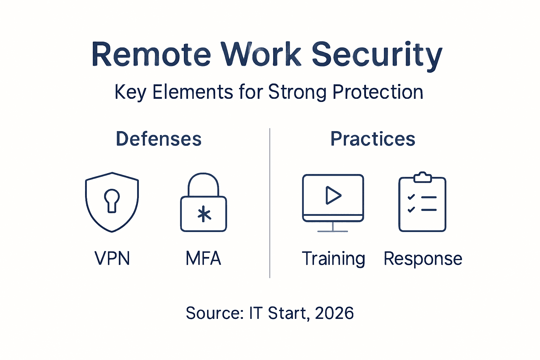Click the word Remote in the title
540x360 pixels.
point(151,54)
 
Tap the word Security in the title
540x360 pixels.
point(377,54)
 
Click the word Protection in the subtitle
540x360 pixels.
point(378,92)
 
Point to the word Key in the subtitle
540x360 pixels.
point(130,92)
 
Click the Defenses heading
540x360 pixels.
point(159,139)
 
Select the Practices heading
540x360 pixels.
point(373,139)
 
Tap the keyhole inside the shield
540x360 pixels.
point(112,200)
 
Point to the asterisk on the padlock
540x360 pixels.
point(204,214)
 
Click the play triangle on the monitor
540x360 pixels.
point(333,195)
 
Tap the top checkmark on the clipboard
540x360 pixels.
point(411,197)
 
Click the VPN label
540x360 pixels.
point(112,258)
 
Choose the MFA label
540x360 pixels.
point(203,258)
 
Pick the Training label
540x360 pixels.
point(333,259)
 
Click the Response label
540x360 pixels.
point(423,259)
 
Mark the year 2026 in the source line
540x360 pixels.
point(334,313)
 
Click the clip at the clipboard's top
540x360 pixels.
point(422,177)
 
